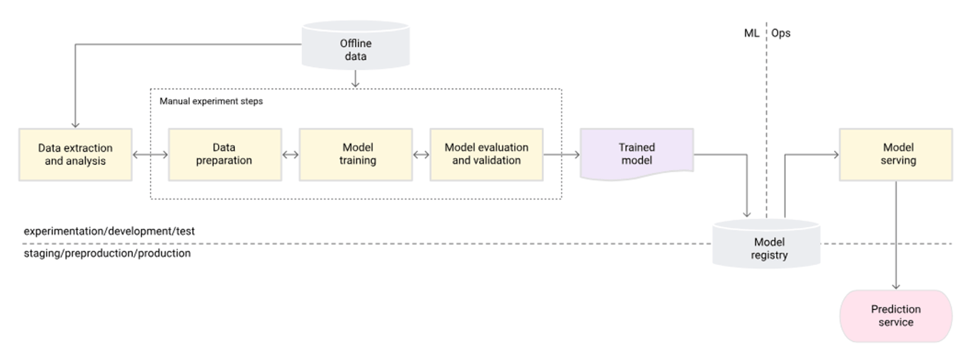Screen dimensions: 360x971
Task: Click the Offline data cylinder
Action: point(355,49)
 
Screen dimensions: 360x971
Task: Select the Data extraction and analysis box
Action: point(76,154)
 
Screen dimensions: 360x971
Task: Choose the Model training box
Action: point(356,154)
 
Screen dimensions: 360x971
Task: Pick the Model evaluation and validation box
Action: point(486,154)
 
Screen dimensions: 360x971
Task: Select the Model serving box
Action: point(895,154)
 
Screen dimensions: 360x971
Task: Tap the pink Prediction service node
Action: point(896,316)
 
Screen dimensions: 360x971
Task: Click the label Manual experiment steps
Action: point(211,101)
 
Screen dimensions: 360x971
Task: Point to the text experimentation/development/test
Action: point(109,231)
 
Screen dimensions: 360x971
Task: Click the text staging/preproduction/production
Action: point(107,253)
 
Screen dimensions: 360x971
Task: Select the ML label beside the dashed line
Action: point(751,33)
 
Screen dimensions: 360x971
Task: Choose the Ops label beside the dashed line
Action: point(781,33)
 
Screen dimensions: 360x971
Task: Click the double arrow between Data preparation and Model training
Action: point(290,154)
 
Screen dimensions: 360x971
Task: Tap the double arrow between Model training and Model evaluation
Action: point(421,154)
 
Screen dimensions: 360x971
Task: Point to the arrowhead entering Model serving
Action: point(834,154)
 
